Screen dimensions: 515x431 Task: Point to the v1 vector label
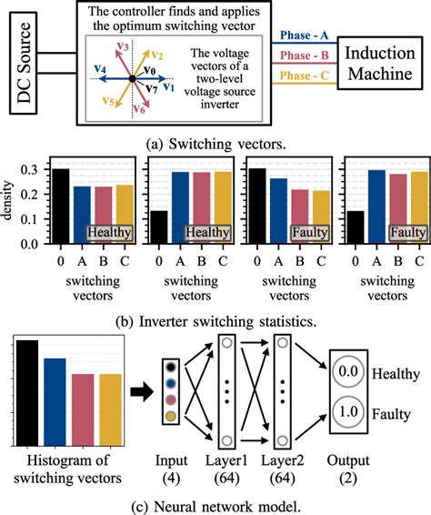pyautogui.click(x=168, y=88)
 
